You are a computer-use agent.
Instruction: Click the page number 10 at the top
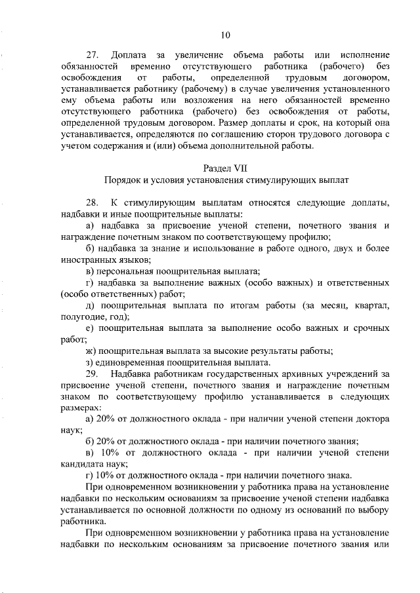226,35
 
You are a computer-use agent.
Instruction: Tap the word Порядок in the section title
123,179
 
